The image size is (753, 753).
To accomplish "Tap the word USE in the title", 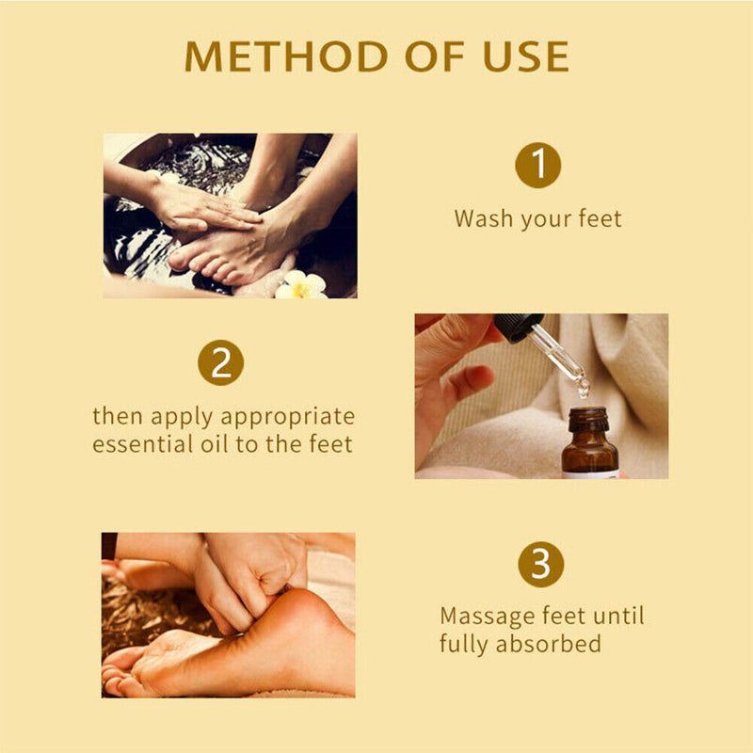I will tap(521, 56).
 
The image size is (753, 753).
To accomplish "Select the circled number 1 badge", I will tap(538, 167).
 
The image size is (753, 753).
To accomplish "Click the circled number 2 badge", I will tap(221, 363).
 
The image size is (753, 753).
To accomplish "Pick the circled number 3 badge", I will tap(540, 565).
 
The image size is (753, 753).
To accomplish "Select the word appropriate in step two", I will tap(299, 416).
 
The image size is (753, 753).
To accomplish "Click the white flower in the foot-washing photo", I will tap(300, 285).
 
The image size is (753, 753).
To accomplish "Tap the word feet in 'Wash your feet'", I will tap(596, 219).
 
